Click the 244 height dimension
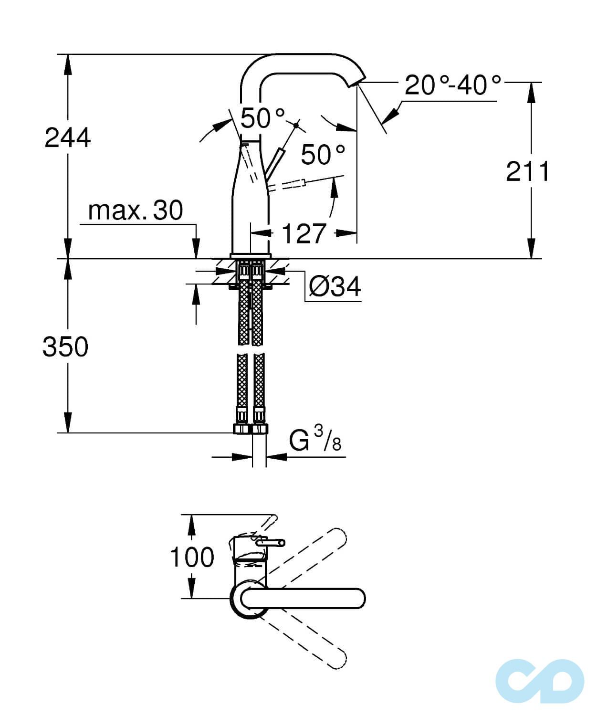tap(67, 138)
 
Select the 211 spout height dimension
tap(527, 171)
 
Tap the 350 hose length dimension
tap(65, 347)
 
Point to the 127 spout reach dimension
tap(304, 233)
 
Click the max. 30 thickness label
tap(136, 210)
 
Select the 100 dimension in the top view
tap(192, 557)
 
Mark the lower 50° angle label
tap(323, 154)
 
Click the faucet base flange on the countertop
tap(251, 256)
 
